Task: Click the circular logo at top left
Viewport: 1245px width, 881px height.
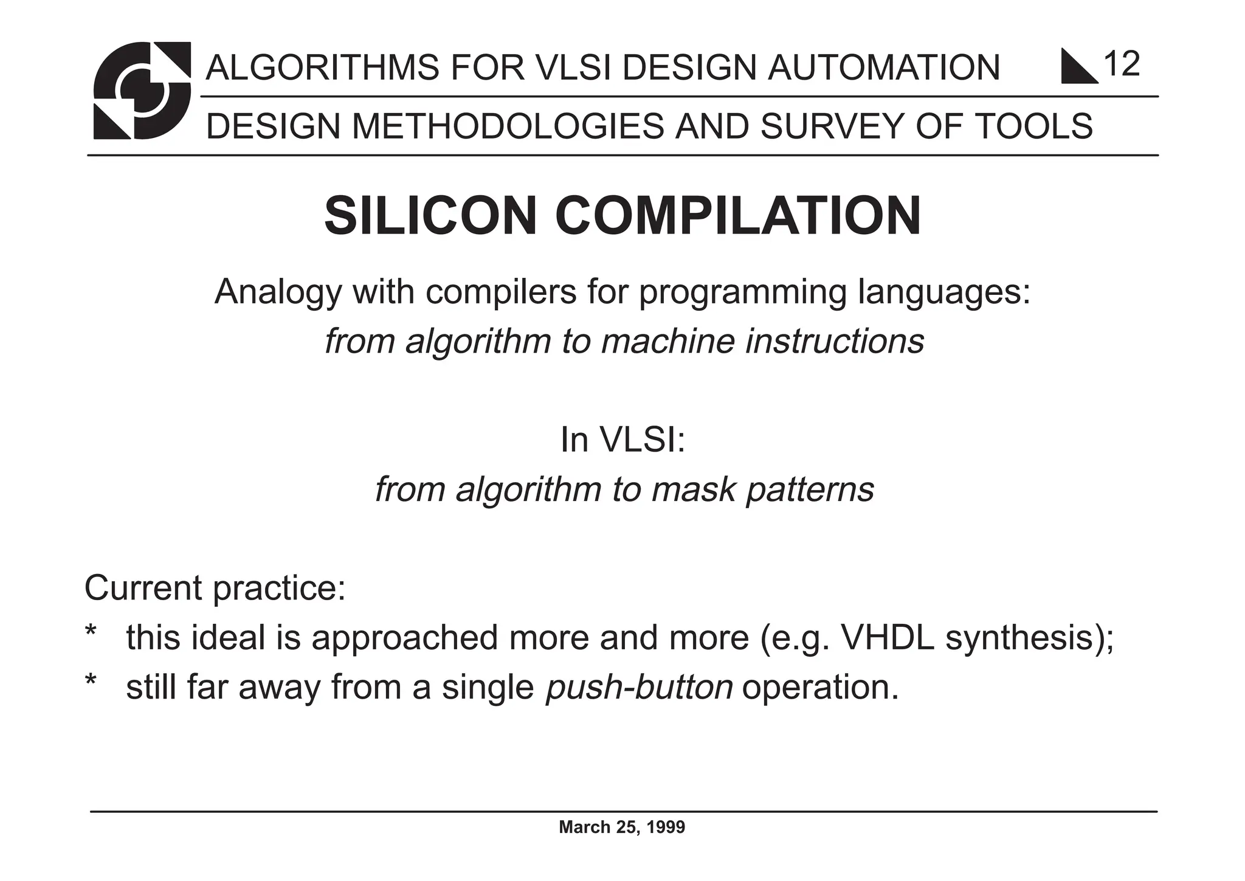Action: pos(142,90)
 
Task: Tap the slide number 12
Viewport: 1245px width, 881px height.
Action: pos(1122,64)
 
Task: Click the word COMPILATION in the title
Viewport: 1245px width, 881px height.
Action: pos(738,216)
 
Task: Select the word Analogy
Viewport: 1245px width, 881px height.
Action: pos(278,293)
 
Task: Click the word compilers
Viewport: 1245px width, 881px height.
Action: pos(501,292)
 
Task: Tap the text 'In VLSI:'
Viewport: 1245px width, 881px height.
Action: pos(622,440)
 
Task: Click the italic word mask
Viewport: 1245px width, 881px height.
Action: pos(694,489)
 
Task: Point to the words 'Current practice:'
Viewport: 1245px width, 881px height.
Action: pos(215,589)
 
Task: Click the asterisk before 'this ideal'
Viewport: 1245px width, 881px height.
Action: pos(91,632)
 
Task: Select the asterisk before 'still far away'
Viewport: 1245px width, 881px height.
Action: pos(91,682)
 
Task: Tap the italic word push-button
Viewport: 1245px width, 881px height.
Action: pos(639,688)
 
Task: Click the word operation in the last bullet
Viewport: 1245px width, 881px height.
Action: pos(819,688)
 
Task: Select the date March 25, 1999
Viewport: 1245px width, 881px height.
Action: pos(622,827)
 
